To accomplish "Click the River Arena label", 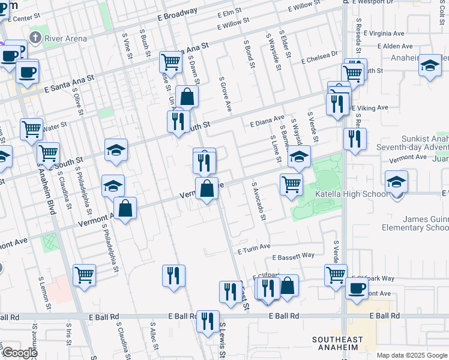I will (x=66, y=38).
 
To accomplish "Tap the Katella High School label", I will (x=359, y=194).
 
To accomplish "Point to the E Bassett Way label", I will (x=293, y=256).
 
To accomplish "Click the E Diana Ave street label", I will (x=267, y=121).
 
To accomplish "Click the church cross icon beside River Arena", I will (x=35, y=38).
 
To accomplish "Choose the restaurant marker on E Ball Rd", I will (x=208, y=320).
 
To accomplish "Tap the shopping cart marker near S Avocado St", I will (x=291, y=184).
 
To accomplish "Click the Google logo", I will (x=19, y=353).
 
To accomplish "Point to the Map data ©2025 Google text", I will (x=412, y=355).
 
